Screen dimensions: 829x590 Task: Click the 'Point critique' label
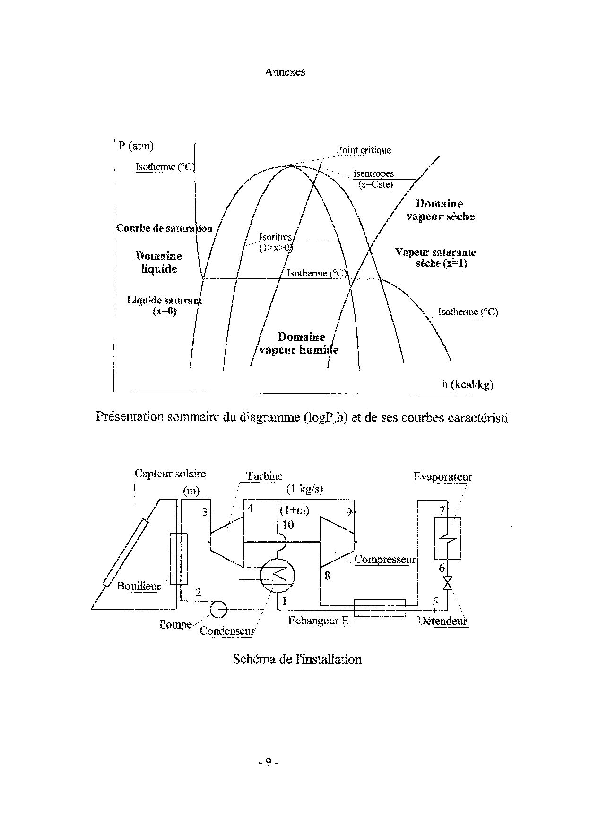point(364,150)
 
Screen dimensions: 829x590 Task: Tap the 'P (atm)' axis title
point(136,146)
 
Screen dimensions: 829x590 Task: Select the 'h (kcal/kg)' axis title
point(467,384)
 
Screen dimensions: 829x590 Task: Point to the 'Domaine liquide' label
point(159,262)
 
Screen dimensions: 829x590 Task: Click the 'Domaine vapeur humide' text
point(299,344)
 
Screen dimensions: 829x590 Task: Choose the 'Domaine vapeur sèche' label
point(440,210)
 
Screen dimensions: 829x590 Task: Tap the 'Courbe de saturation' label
point(164,228)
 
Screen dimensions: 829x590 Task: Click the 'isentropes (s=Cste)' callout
point(373,179)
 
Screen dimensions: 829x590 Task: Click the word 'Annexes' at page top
point(285,72)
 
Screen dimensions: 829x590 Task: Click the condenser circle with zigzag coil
point(277,574)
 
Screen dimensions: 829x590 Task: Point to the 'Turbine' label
point(264,476)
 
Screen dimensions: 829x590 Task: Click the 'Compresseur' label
point(384,560)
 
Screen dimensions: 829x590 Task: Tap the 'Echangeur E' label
point(318,621)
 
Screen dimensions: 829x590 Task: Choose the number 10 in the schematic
point(288,525)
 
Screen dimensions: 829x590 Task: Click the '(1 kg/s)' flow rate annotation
point(304,489)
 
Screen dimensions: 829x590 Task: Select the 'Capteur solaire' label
point(170,474)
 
